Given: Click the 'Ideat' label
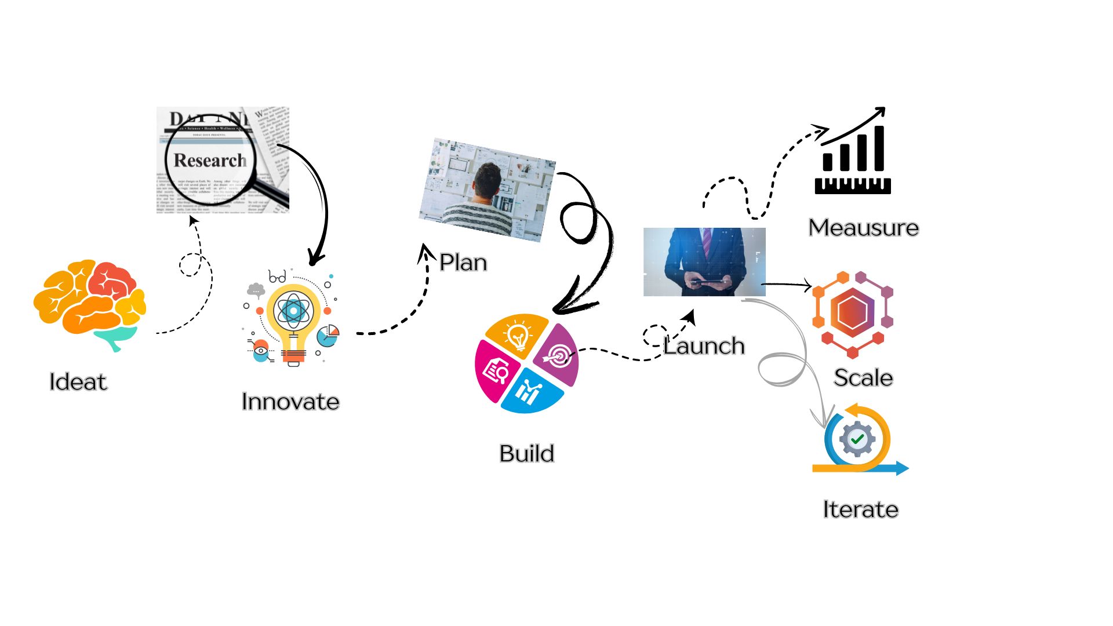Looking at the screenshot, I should [78, 382].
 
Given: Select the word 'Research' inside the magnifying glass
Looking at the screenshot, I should [210, 160].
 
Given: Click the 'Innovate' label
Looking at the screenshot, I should [290, 402].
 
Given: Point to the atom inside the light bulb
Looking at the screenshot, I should [293, 311].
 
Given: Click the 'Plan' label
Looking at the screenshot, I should [463, 263].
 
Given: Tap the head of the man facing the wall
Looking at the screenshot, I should [487, 180].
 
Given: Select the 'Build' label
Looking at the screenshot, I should [526, 453].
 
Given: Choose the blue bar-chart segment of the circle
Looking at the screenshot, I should [530, 392].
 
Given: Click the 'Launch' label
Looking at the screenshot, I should [704, 346].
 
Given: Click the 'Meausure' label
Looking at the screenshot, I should [863, 228].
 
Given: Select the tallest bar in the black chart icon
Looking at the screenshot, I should [879, 148].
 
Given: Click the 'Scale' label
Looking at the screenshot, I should [863, 378].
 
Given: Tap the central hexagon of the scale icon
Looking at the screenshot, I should [852, 312].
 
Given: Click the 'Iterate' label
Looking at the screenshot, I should [860, 509].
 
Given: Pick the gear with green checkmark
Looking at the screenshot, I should [857, 439].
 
